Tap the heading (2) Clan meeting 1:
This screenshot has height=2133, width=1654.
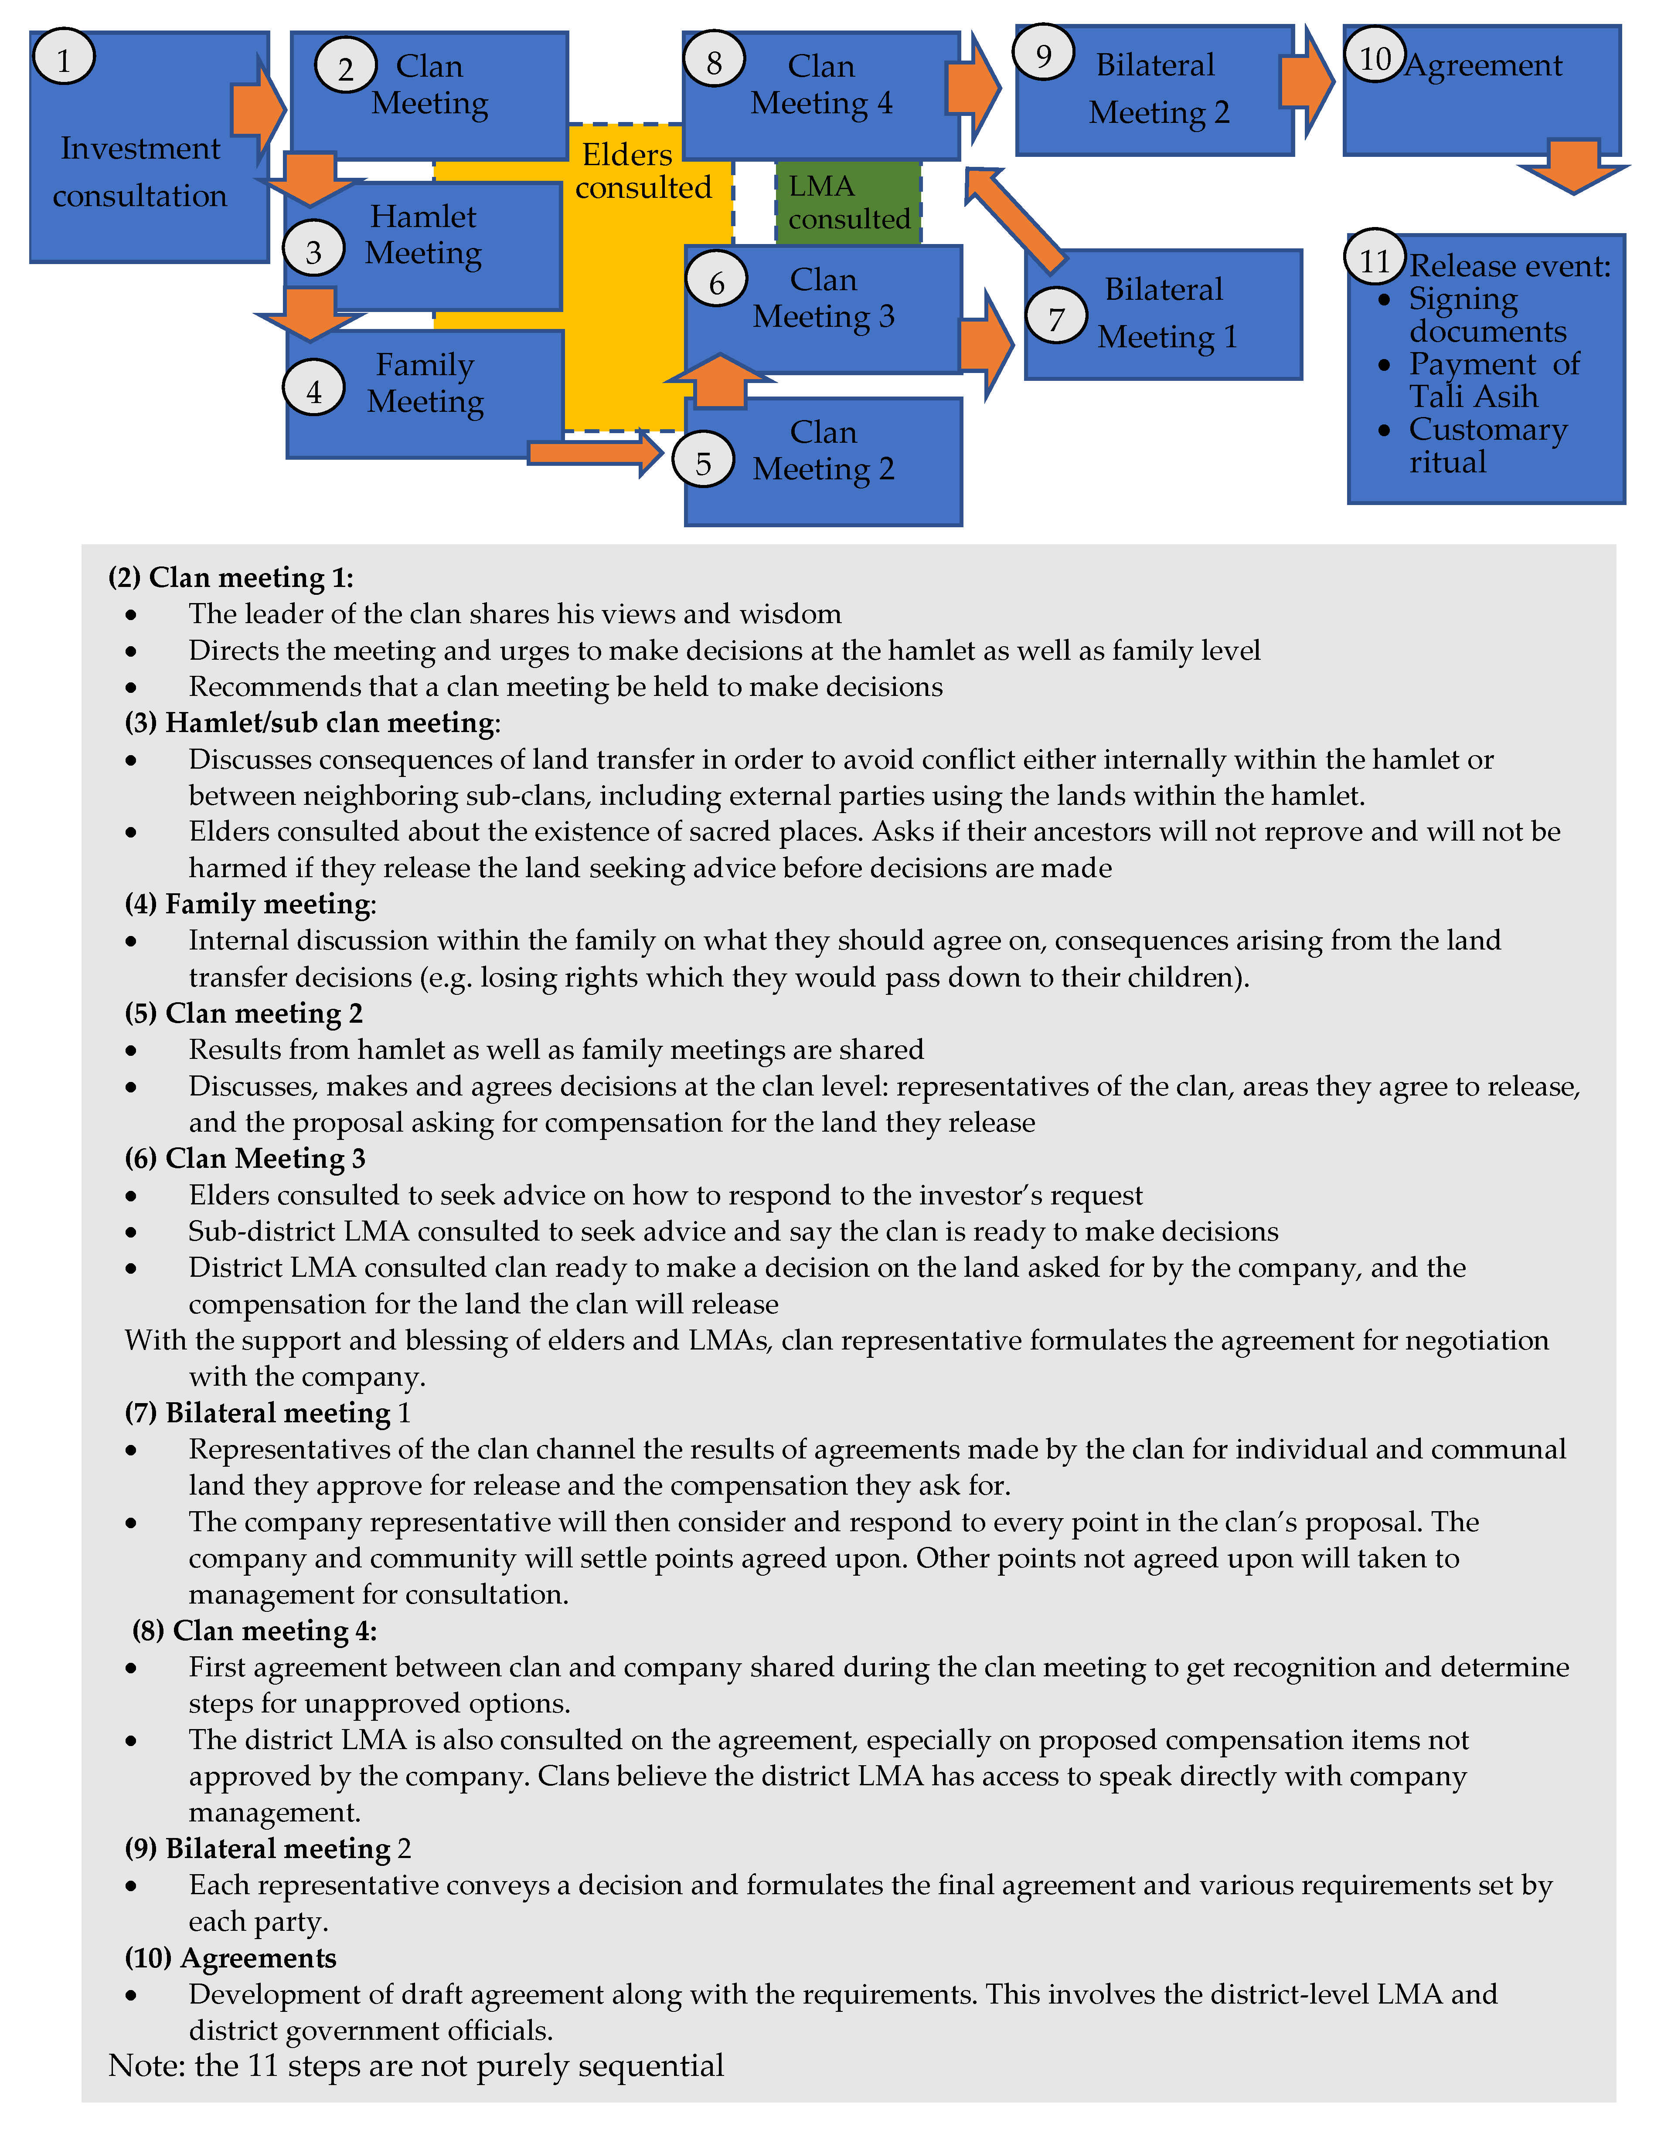pos(231,577)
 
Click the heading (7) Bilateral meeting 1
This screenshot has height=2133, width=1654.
pos(268,1412)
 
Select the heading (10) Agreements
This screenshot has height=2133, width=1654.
pos(231,1957)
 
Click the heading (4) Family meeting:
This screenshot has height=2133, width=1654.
pos(250,903)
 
